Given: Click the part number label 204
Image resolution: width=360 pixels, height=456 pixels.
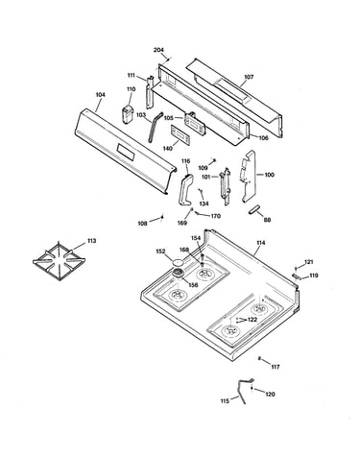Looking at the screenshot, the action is [x=158, y=50].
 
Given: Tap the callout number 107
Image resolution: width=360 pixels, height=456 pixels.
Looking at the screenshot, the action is [x=249, y=77].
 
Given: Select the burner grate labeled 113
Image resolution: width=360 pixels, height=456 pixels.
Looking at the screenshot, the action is [x=59, y=261].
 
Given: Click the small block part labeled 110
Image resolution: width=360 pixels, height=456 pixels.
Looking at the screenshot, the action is [x=128, y=113].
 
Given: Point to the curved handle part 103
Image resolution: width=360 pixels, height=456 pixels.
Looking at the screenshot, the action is [x=154, y=127].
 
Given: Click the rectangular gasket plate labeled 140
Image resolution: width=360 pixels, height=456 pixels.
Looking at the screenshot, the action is [x=180, y=134].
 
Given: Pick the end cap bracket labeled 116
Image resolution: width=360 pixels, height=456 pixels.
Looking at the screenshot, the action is [x=185, y=189].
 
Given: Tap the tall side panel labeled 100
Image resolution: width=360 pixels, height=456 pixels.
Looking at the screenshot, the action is [x=249, y=176].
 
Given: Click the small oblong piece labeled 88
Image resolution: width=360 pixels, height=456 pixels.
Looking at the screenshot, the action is [x=254, y=209].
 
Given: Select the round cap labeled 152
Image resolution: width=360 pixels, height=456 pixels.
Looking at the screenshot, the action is [x=178, y=262].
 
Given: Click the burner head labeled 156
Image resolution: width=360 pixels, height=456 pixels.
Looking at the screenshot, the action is [x=178, y=274].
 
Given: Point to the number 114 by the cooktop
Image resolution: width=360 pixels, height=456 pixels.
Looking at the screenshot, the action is [x=261, y=243].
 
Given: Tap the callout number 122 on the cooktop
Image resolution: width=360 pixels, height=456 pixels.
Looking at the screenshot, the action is [x=252, y=320].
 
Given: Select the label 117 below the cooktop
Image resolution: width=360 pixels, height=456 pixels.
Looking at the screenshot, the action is [x=276, y=367].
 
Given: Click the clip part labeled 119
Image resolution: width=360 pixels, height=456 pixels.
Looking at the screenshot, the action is [x=297, y=276].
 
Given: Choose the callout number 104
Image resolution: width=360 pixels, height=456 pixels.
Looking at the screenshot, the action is [x=100, y=95].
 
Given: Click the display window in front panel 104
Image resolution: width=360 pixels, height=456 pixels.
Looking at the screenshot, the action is [x=126, y=151].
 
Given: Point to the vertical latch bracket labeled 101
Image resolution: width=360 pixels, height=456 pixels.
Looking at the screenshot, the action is [x=225, y=186].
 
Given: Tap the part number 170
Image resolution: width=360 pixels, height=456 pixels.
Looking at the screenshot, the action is [x=216, y=216].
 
